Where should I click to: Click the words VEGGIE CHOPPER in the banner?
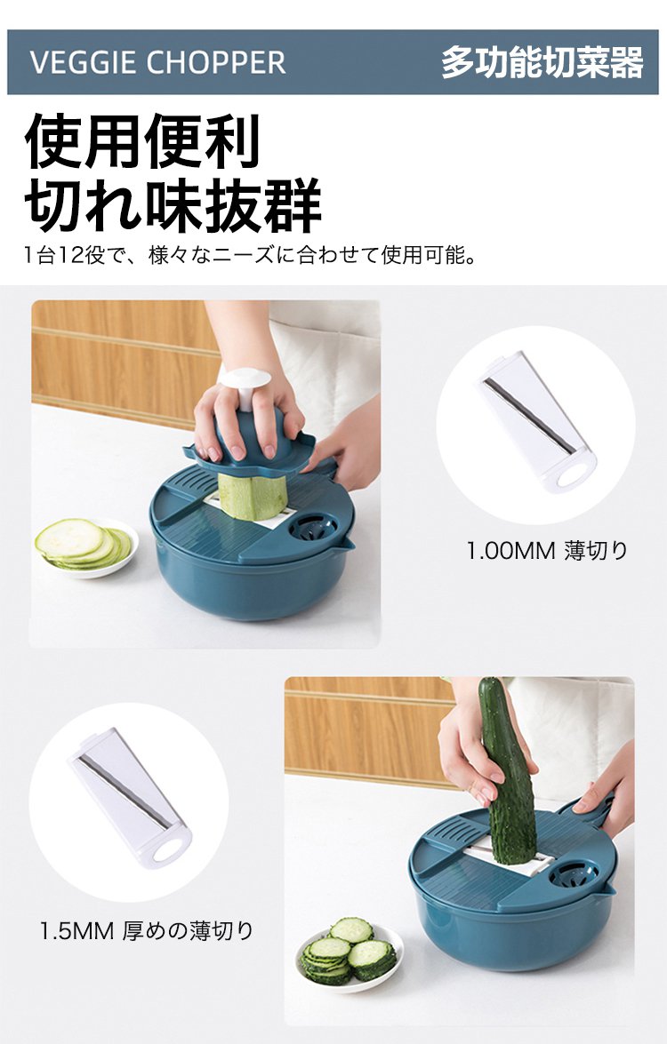[158, 62]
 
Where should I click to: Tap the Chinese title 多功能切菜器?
[542, 62]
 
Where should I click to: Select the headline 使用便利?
[142, 141]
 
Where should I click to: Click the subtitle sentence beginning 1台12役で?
[250, 255]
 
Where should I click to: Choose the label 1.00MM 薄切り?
[547, 551]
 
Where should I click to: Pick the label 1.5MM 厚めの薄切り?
[147, 930]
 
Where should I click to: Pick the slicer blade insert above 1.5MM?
[130, 799]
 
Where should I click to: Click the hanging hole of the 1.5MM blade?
[169, 850]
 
